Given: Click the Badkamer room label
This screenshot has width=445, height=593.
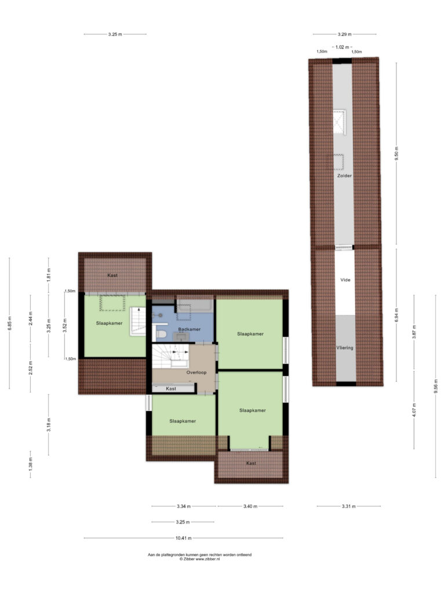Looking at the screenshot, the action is (x=189, y=329).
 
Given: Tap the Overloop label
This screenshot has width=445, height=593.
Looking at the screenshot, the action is (x=196, y=372).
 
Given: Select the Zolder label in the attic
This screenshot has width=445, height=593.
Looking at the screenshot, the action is (x=344, y=176).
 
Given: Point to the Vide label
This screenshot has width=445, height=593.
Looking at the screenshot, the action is (x=345, y=280).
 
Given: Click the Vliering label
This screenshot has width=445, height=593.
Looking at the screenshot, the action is (x=345, y=347).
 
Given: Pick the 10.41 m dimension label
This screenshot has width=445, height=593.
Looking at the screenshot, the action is (x=183, y=538).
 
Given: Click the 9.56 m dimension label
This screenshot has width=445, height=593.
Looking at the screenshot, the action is (x=436, y=386).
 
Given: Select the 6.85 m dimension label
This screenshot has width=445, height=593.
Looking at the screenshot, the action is (x=9, y=323).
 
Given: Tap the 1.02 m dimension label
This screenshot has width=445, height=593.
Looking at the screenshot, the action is (x=342, y=47).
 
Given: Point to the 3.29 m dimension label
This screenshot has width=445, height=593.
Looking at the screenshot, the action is (x=344, y=34).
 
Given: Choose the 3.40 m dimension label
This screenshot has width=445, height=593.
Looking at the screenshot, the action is (x=250, y=506).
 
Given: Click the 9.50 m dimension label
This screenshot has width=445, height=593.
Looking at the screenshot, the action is (x=396, y=153).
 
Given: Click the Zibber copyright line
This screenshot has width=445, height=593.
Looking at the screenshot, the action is (x=199, y=559).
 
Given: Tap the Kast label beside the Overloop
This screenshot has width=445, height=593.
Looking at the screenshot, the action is (x=171, y=389).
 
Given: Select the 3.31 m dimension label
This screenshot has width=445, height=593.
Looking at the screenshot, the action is (x=348, y=506).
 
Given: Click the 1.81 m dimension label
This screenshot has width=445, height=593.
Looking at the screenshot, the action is (x=49, y=275).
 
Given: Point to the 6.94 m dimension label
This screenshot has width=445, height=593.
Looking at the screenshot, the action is (x=396, y=315).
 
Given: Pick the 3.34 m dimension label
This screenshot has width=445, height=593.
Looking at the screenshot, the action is (x=184, y=506).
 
